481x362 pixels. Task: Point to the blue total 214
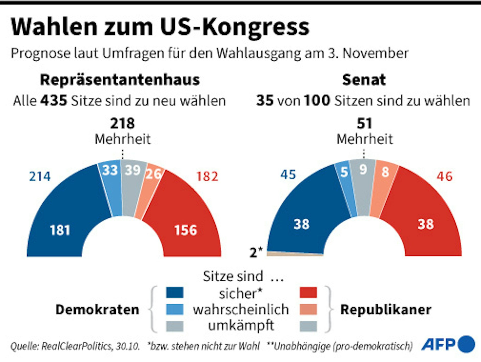click(x=40, y=177)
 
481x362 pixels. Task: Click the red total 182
click(x=207, y=177)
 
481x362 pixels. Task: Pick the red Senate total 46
click(x=444, y=176)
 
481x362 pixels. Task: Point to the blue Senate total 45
click(x=288, y=175)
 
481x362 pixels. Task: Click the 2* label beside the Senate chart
click(x=256, y=252)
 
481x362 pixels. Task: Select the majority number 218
click(x=122, y=124)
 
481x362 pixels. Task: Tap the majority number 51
click(x=364, y=124)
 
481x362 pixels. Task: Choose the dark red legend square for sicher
click(x=308, y=292)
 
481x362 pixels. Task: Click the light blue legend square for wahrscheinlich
click(x=174, y=309)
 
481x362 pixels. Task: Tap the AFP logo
click(x=448, y=344)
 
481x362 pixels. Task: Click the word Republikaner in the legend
click(x=386, y=310)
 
